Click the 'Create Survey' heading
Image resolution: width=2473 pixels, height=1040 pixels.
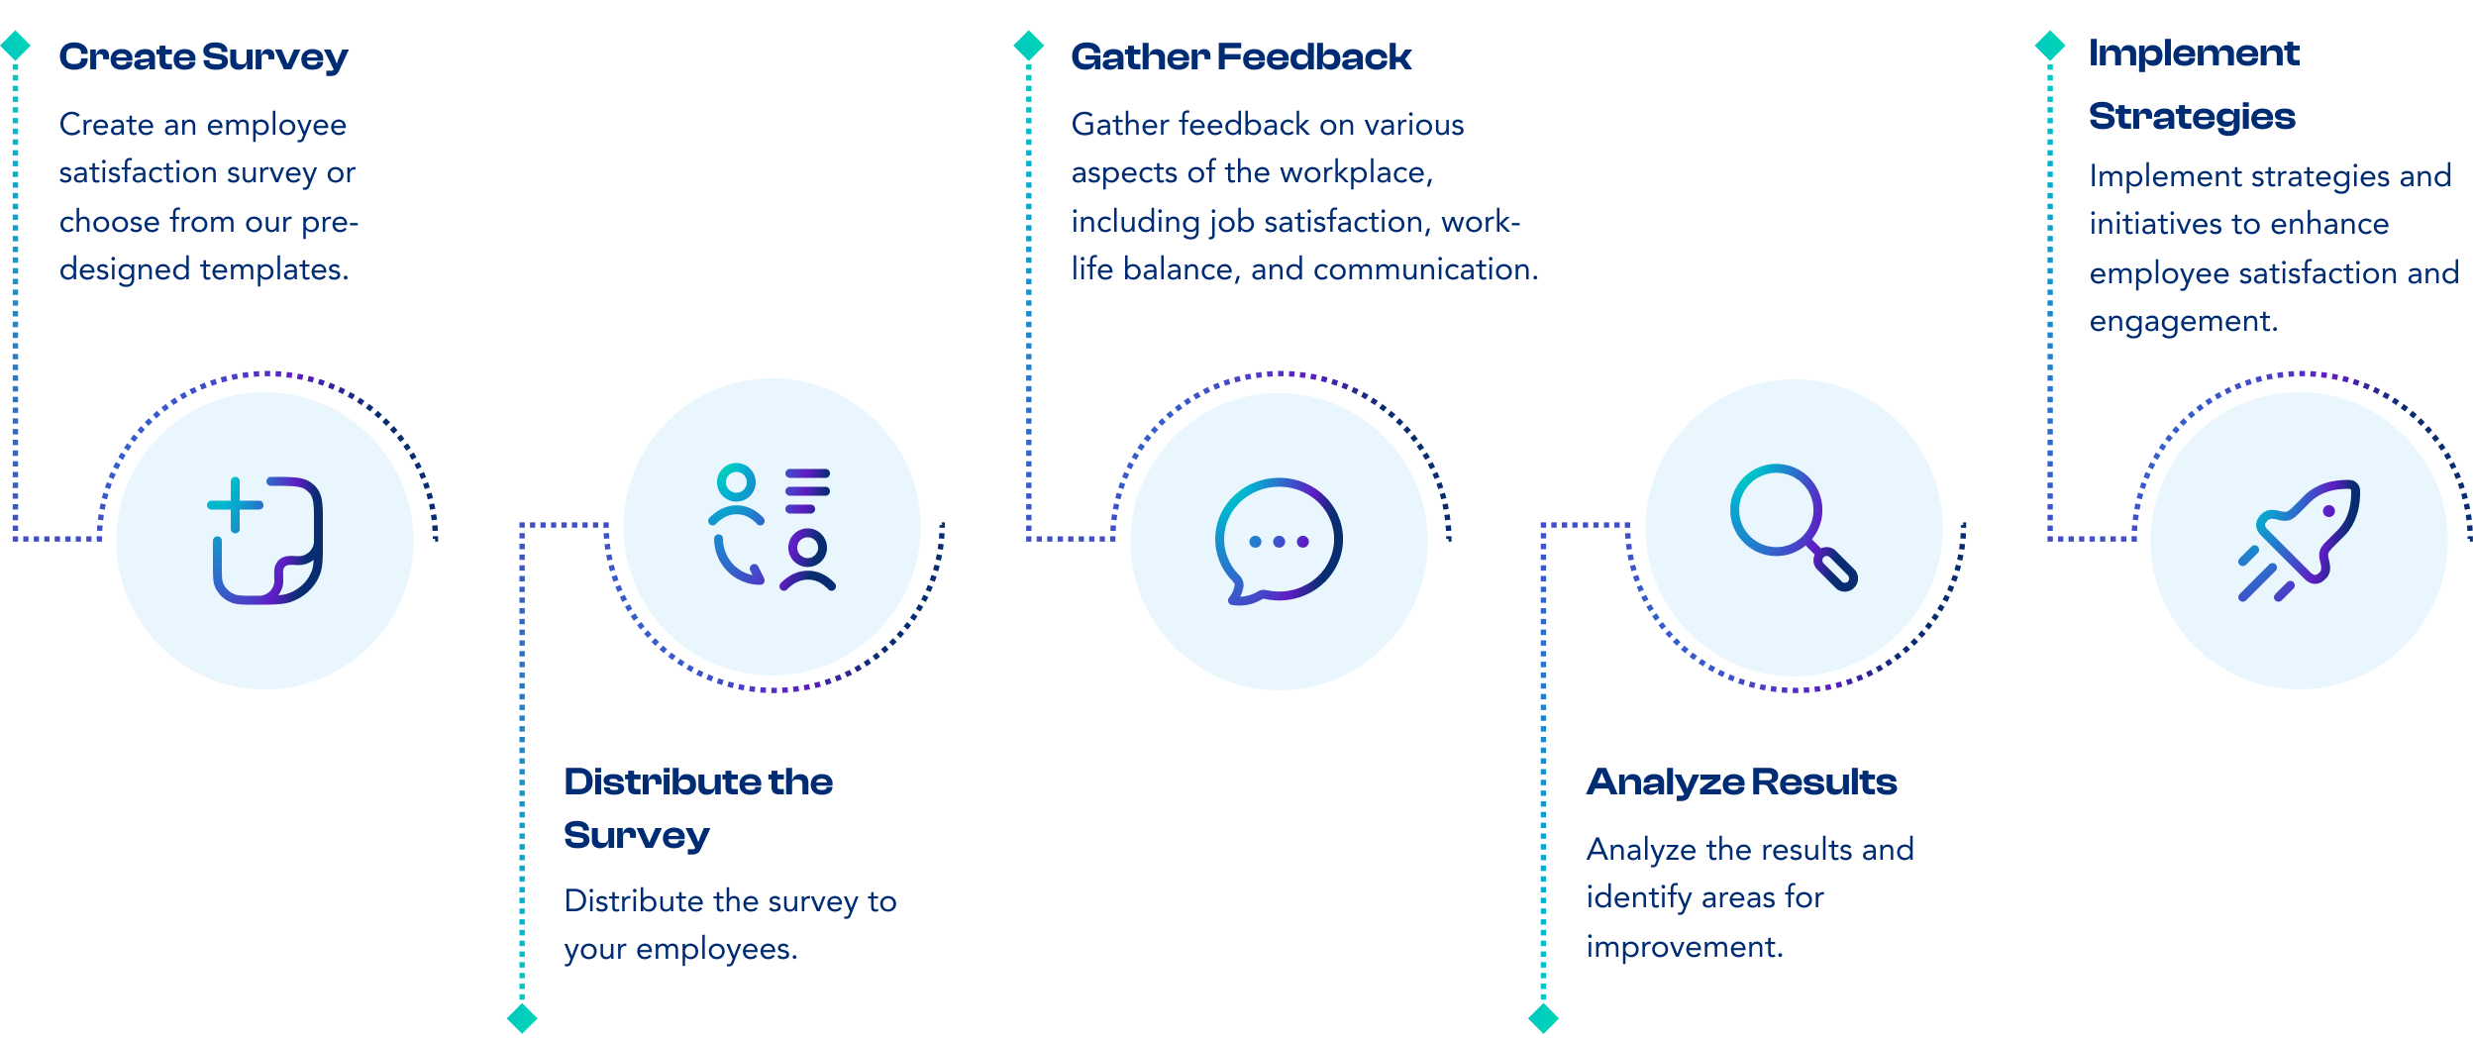pyautogui.click(x=203, y=57)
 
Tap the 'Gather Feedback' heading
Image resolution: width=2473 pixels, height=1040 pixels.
pyautogui.click(x=1241, y=57)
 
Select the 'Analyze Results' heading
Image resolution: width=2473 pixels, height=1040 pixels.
pyautogui.click(x=1741, y=782)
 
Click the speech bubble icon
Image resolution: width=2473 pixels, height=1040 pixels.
pyautogui.click(x=1278, y=541)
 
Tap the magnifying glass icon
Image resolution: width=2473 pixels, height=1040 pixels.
pyautogui.click(x=1792, y=526)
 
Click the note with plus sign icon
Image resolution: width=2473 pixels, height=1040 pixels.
pyautogui.click(x=265, y=540)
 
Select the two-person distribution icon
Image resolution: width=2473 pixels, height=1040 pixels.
pyautogui.click(x=773, y=526)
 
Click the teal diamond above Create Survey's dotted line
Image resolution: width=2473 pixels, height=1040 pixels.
pyautogui.click(x=16, y=46)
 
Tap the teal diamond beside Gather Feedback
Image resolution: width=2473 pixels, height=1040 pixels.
pyautogui.click(x=1029, y=46)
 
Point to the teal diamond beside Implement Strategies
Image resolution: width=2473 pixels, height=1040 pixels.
pyautogui.click(x=2049, y=46)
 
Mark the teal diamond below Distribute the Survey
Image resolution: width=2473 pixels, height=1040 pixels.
pyautogui.click(x=522, y=1018)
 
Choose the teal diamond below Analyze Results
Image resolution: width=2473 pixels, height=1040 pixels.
pyautogui.click(x=1543, y=1018)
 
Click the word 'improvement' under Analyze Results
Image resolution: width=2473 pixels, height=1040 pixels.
pyautogui.click(x=1683, y=947)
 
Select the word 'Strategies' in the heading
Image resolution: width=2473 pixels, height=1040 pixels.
pyautogui.click(x=2192, y=117)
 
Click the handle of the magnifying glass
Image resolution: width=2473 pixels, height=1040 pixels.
pyautogui.click(x=1835, y=570)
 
